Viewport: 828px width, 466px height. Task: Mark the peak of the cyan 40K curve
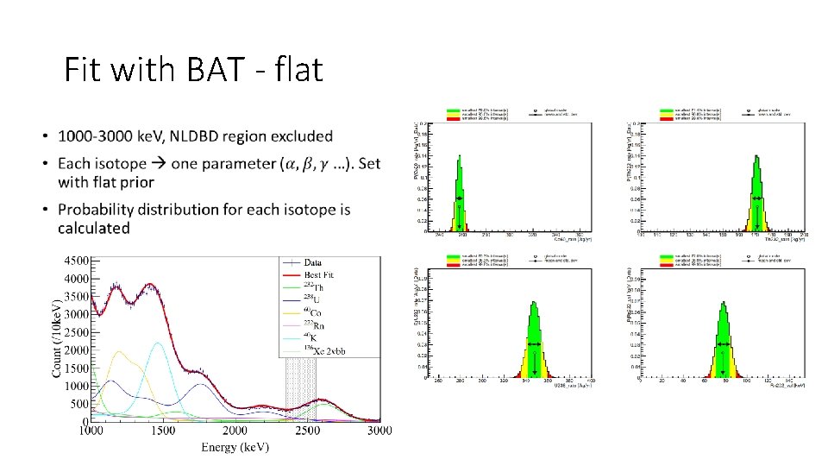158,343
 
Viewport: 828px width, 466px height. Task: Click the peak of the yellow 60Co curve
118,351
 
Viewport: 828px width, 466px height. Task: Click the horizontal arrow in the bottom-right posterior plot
723,344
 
